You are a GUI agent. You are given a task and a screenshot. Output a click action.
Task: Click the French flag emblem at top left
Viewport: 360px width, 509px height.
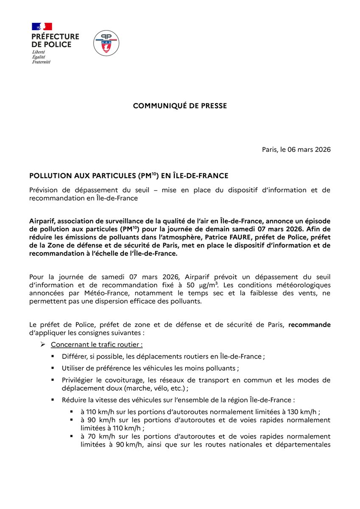pyautogui.click(x=42, y=26)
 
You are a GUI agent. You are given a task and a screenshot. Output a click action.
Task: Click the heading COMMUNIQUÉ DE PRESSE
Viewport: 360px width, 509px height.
pyautogui.click(x=180, y=106)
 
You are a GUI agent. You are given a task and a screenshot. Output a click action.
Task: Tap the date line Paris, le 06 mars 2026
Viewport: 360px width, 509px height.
pyautogui.click(x=296, y=150)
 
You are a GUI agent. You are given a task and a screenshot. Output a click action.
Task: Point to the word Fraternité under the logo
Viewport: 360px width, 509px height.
pyautogui.click(x=41, y=62)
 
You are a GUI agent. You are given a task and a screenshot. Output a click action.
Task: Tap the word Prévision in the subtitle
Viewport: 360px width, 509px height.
pyautogui.click(x=44, y=190)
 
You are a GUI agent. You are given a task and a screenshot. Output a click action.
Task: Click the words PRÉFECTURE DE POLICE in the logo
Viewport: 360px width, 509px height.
pyautogui.click(x=54, y=41)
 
